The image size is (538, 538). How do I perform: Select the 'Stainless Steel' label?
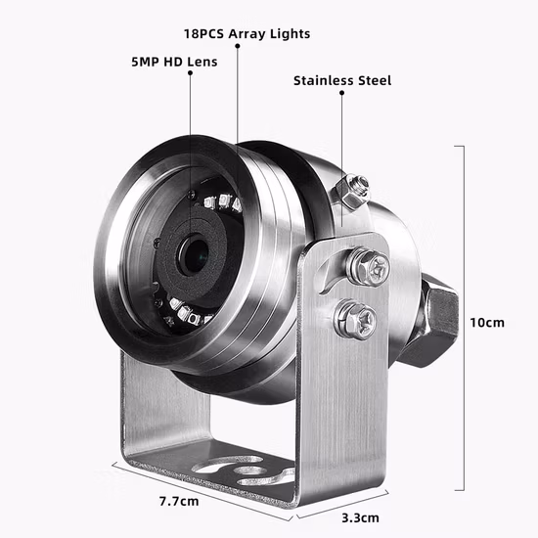pyautogui.click(x=341, y=80)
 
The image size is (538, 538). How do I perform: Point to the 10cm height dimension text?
pyautogui.click(x=487, y=322)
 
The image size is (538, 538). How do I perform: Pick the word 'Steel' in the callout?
pyautogui.click(x=372, y=80)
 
